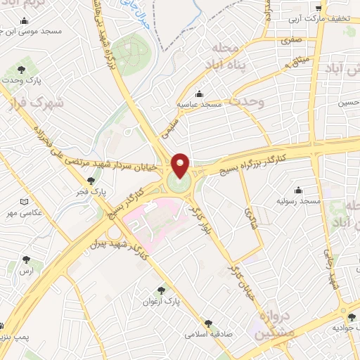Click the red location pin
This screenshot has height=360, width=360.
[x=181, y=165]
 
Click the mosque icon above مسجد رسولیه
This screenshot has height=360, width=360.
[x=298, y=190]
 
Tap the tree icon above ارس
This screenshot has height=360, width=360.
[x=27, y=259]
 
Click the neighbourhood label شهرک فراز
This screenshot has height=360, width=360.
[x=35, y=104]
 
